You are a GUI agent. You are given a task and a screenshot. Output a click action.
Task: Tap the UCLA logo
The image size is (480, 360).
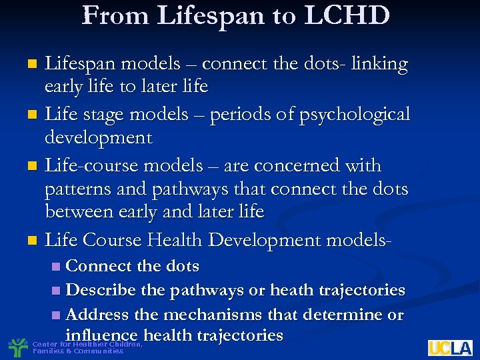450,347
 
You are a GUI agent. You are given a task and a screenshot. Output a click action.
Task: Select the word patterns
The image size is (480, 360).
77,189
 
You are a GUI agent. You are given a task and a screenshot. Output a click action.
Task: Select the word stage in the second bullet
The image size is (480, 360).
101,115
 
